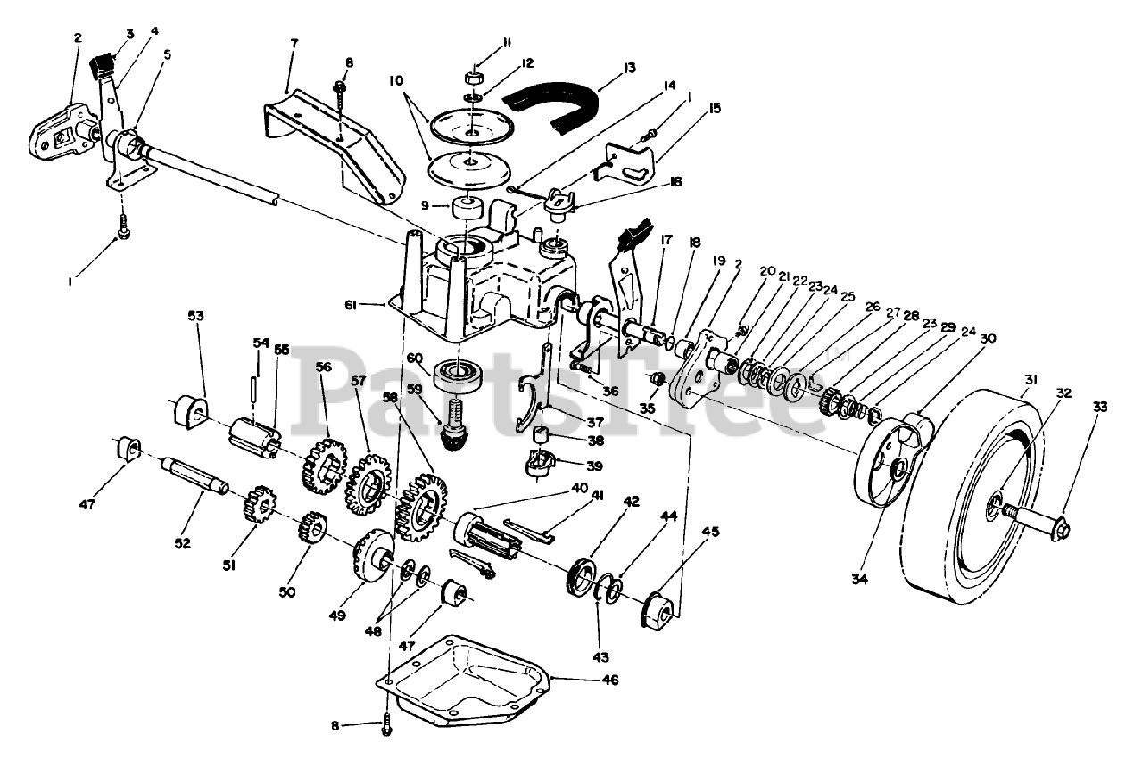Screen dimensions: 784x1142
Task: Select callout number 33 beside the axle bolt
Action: [x=1099, y=407]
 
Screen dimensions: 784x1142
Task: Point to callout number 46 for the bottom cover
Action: [x=608, y=680]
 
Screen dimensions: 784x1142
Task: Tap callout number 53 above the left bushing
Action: [x=195, y=316]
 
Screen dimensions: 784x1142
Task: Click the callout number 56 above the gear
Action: [x=323, y=367]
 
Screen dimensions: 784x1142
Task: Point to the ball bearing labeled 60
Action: [x=459, y=375]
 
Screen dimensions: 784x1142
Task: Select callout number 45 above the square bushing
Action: [x=710, y=532]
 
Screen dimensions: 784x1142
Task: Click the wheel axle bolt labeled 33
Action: [x=1039, y=516]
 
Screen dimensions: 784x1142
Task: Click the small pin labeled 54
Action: [x=254, y=387]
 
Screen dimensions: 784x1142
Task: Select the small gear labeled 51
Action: [x=258, y=504]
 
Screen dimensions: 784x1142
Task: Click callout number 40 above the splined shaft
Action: [x=580, y=489]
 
